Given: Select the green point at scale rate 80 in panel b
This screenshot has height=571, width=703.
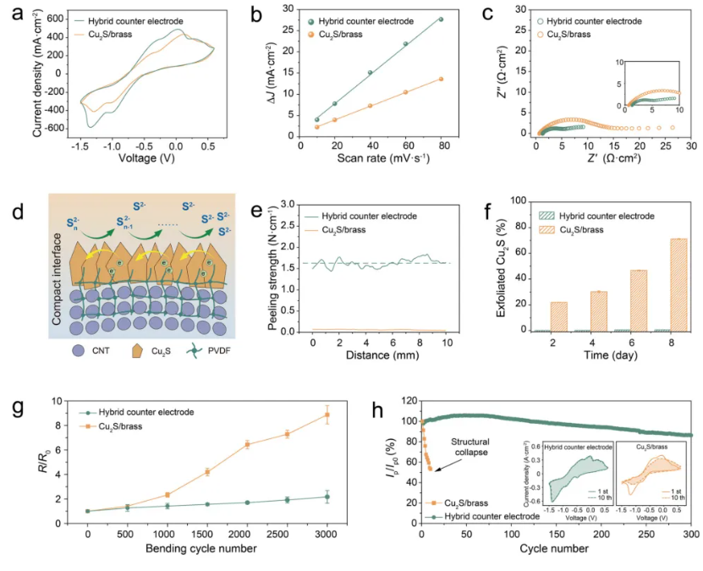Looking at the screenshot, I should pos(440,19).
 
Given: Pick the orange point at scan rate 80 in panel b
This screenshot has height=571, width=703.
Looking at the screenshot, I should pos(440,79).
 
